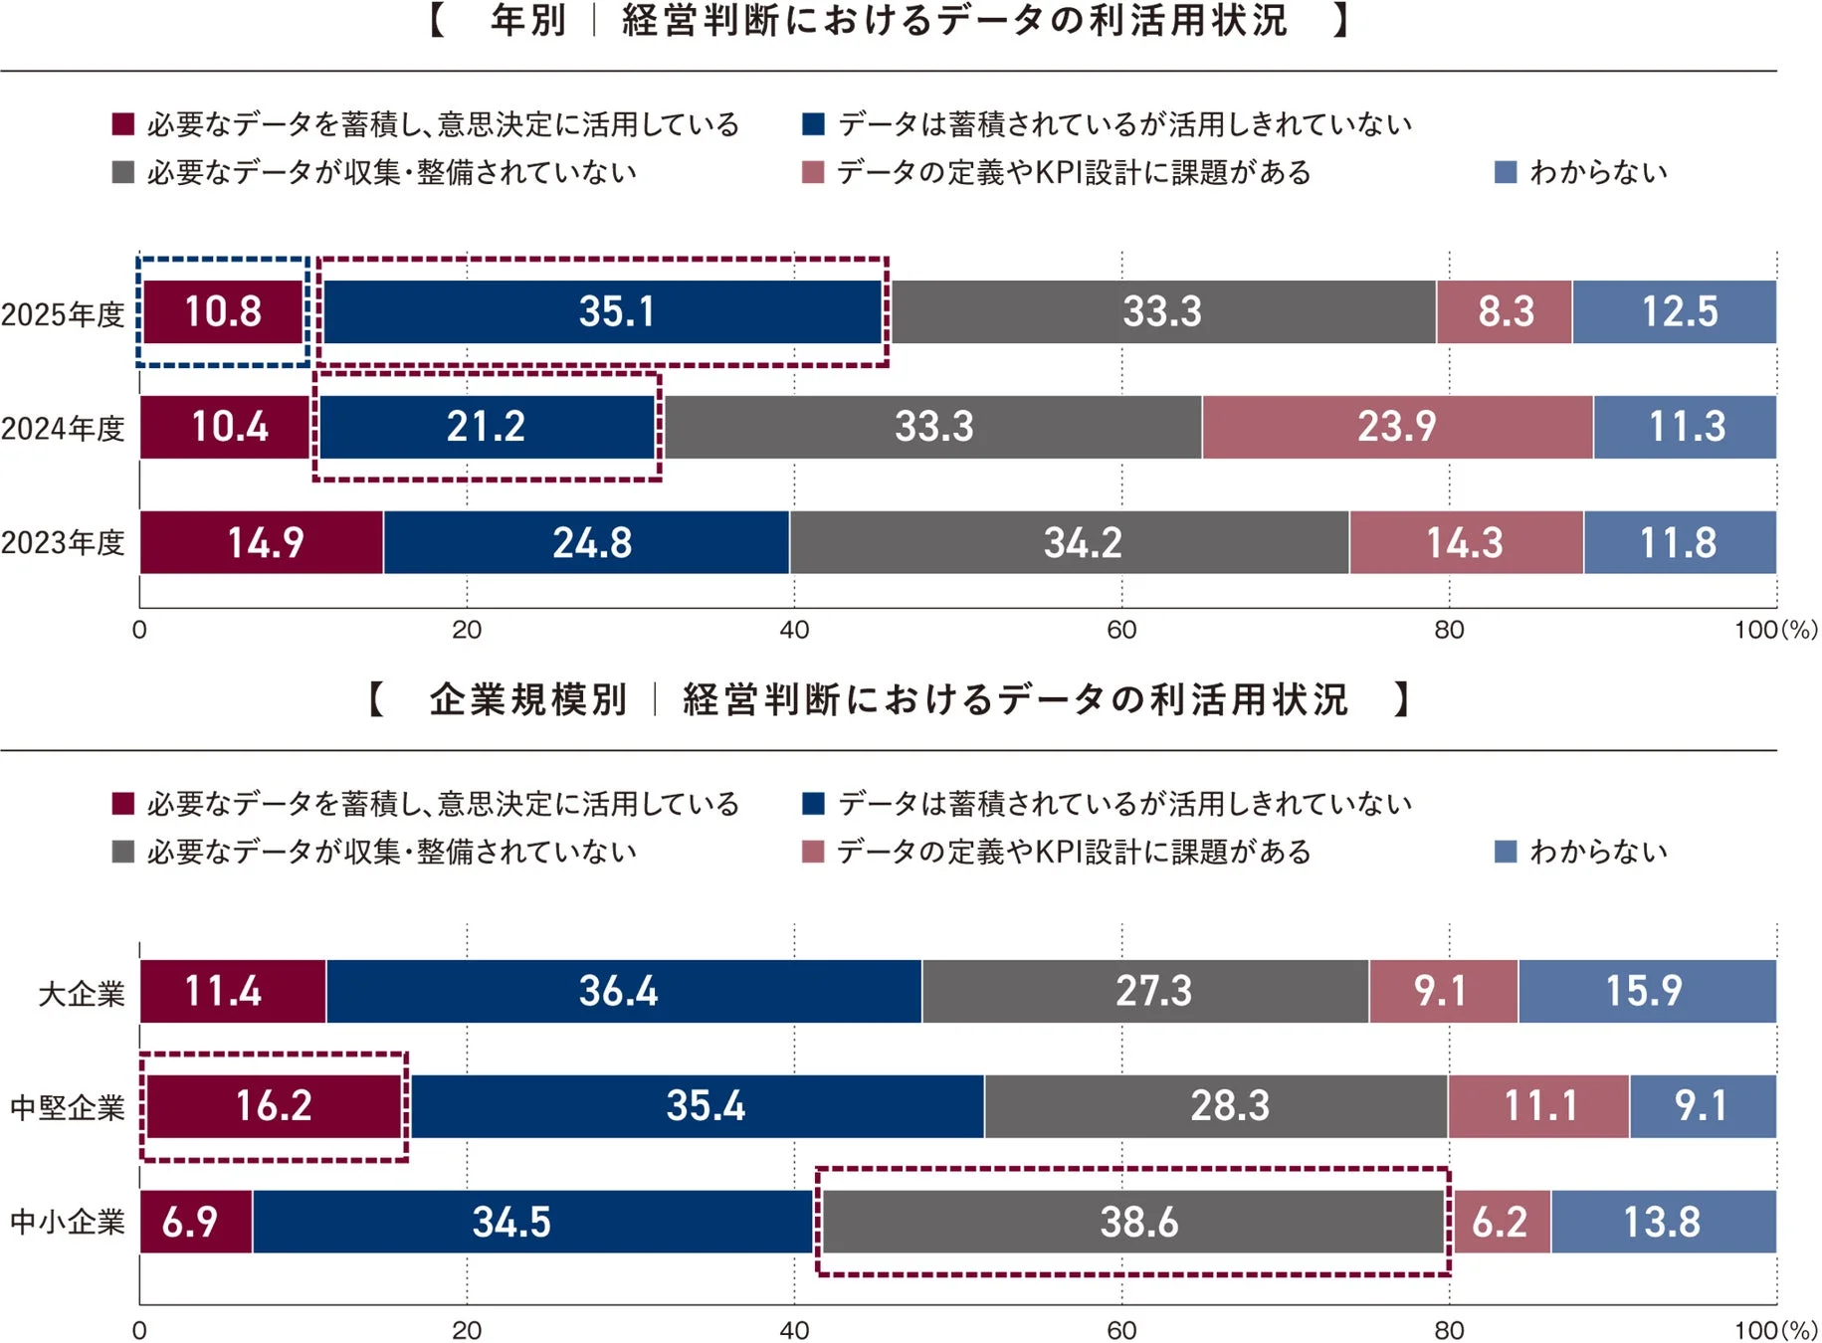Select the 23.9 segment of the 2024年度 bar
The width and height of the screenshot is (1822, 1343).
pos(1397,427)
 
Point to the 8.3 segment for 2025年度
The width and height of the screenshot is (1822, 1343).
pos(1505,312)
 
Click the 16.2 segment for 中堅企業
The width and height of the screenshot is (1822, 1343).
pos(274,1106)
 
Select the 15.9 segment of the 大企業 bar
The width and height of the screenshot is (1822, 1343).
pos(1646,991)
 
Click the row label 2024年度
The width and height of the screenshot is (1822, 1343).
pos(63,429)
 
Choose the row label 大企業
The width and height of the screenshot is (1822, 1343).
pos(82,993)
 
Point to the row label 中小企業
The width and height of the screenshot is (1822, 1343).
pos(67,1222)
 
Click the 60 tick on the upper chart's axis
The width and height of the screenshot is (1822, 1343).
pos(1121,630)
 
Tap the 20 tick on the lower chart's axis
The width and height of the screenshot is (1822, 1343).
pos(467,1330)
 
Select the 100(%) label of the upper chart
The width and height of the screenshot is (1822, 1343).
pos(1774,630)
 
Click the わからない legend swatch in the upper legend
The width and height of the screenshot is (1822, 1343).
pos(1506,172)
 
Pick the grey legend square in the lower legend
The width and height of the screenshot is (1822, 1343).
pos(123,852)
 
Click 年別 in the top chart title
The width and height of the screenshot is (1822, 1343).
pos(528,20)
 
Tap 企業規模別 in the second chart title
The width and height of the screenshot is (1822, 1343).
pos(528,699)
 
